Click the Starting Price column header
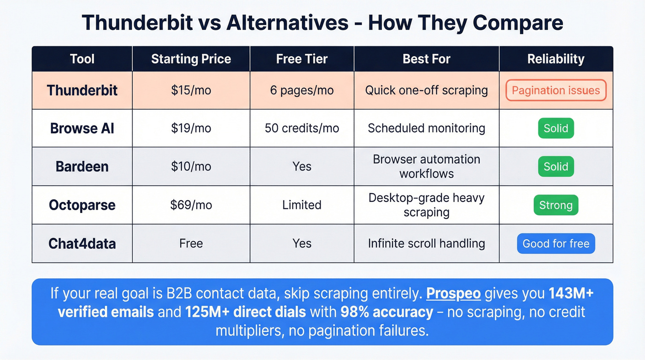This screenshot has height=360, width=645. tap(191, 59)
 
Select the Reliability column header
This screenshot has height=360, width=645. tap(556, 59)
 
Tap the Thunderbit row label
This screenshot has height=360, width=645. tap(82, 90)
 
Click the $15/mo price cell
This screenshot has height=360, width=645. tap(191, 90)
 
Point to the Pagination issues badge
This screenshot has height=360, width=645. tap(556, 90)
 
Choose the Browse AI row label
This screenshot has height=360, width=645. tap(82, 128)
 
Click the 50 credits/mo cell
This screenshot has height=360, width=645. tap(302, 128)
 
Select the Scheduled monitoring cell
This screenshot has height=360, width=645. tap(426, 128)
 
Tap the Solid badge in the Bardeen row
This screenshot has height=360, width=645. tap(556, 166)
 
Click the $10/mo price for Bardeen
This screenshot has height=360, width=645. tap(191, 166)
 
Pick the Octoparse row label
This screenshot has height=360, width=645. tap(82, 205)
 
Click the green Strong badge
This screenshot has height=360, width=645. tap(556, 205)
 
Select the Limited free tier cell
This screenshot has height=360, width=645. tap(302, 205)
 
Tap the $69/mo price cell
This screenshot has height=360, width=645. tap(191, 205)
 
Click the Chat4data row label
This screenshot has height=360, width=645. tap(82, 243)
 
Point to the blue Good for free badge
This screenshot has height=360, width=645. tap(556, 244)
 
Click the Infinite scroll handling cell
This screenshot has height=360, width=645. tap(426, 243)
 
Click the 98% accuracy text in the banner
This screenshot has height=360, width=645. tap(387, 312)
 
